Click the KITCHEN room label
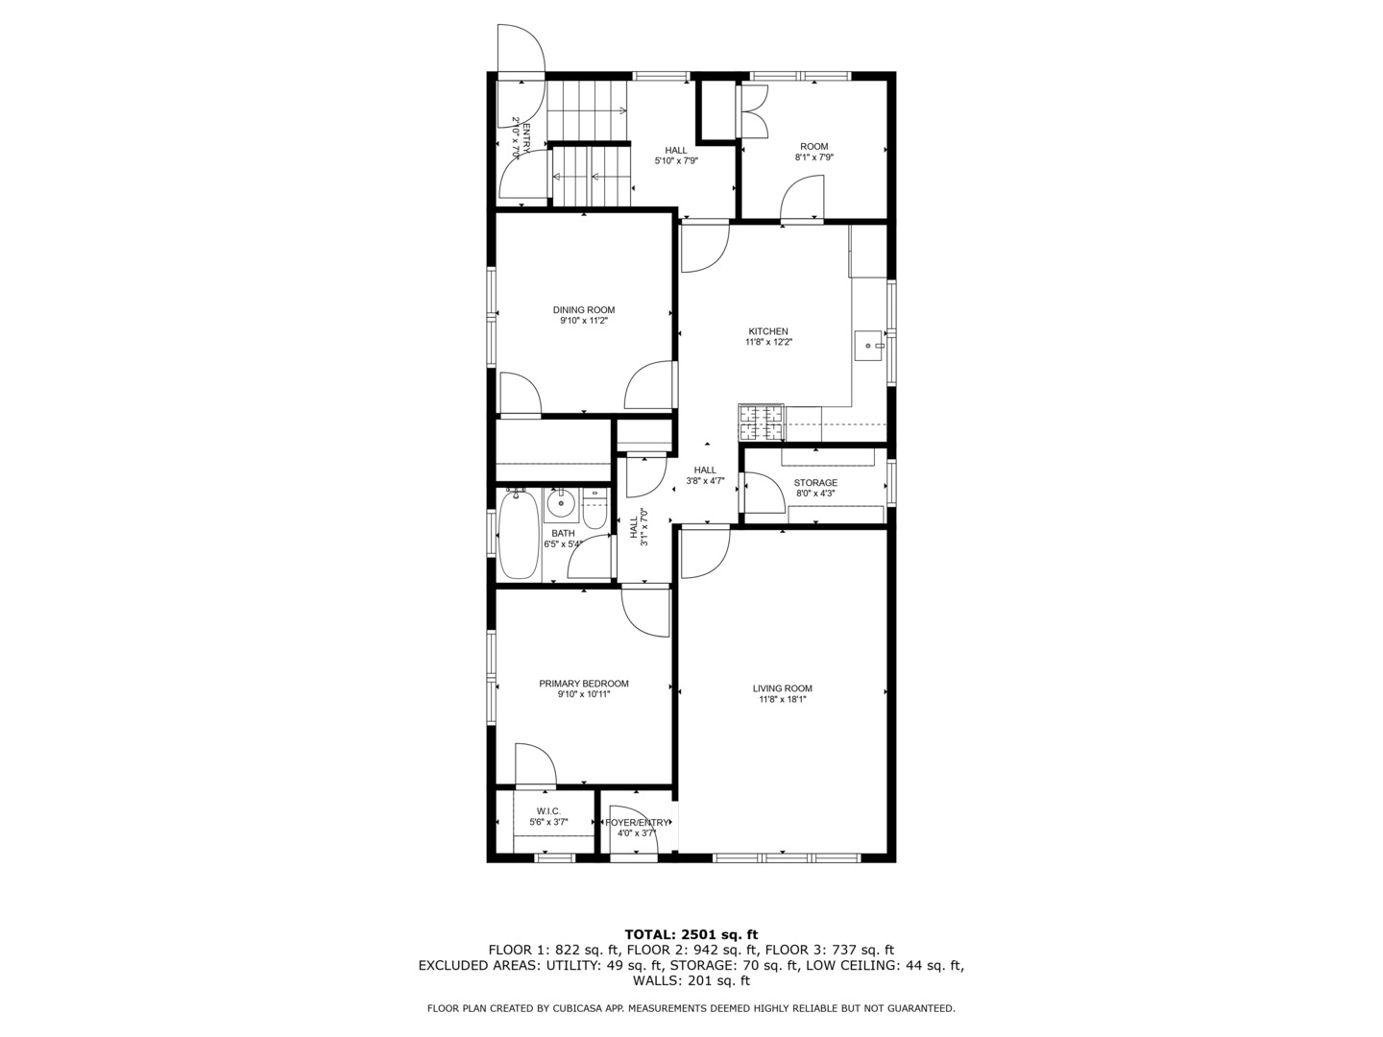(768, 331)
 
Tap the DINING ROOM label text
(583, 310)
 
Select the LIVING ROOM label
(782, 688)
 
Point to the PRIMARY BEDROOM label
(583, 684)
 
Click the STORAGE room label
(815, 483)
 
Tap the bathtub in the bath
(519, 535)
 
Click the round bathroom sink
(560, 502)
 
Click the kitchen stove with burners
(761, 417)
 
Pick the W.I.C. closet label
(548, 811)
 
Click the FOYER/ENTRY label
(638, 822)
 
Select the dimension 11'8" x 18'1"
(782, 700)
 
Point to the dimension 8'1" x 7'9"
(813, 157)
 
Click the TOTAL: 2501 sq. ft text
(691, 934)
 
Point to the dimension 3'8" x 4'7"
(705, 481)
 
